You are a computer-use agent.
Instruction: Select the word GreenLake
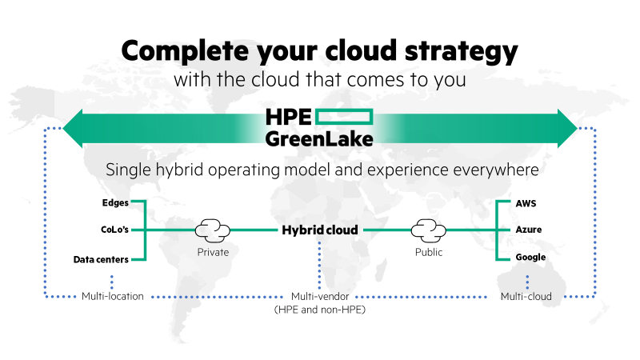[319, 138]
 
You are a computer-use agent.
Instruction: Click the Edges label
[115, 202]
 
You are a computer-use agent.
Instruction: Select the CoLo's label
[114, 230]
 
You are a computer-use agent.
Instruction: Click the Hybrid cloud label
[319, 230]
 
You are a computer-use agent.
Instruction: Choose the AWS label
[527, 202]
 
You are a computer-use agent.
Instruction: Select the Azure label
[529, 230]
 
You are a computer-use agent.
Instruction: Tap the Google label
[530, 258]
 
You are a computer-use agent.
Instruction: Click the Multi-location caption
[113, 296]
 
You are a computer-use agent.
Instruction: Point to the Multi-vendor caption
[319, 296]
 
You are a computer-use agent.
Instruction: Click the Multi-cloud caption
[526, 296]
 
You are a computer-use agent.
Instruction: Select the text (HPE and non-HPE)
[319, 309]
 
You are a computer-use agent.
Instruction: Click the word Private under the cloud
[213, 252]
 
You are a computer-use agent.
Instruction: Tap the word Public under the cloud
[429, 252]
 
